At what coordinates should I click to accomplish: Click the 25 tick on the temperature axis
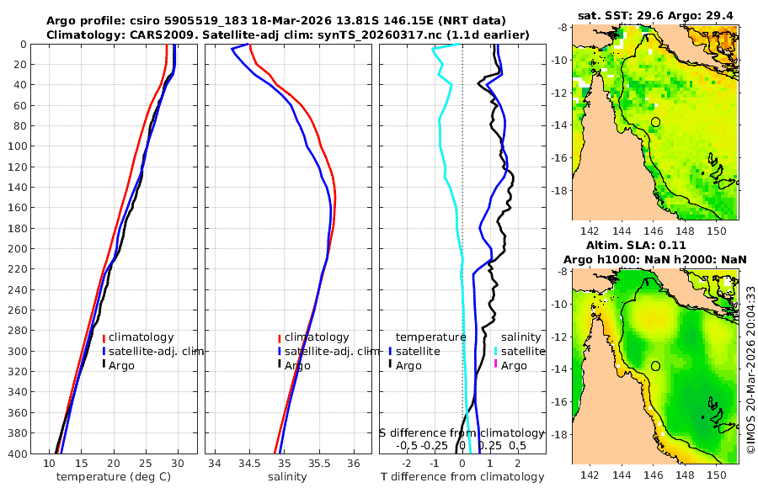145,464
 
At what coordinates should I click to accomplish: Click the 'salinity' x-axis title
286,477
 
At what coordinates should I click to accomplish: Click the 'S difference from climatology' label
463,432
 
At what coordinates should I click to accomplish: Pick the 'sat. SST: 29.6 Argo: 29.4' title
656,15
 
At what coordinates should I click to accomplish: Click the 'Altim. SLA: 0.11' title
657,245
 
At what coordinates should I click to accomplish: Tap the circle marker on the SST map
655,122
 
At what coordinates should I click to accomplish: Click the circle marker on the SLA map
655,366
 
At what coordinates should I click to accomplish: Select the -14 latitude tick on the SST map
558,125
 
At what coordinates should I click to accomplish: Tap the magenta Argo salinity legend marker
496,365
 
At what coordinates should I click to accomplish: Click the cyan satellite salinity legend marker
496,351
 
